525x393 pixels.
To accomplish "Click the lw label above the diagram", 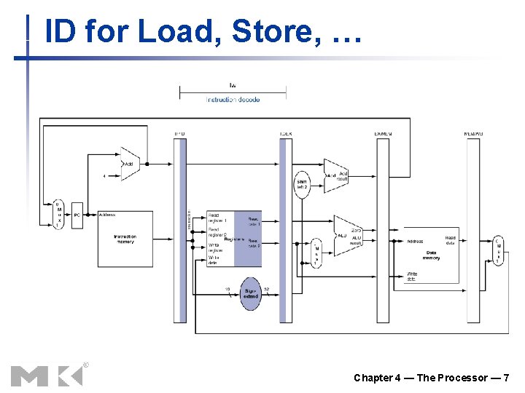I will [x=233, y=86].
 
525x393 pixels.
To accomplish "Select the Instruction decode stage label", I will [x=233, y=99].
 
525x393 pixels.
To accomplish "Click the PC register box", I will [x=77, y=215].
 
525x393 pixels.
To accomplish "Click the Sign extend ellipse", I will [x=251, y=293].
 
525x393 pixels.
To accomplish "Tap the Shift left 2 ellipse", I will [x=303, y=184].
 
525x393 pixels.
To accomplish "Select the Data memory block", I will [x=431, y=255].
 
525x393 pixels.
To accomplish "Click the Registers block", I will [x=233, y=239].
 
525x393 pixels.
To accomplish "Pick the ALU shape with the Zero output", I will [x=347, y=236].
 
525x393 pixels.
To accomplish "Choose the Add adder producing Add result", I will [x=335, y=175].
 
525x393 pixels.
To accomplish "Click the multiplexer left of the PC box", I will [x=58, y=215].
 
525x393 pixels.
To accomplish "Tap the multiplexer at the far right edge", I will [x=497, y=251].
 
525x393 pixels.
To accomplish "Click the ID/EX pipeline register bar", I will [x=285, y=229].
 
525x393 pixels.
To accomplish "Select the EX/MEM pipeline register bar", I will [x=383, y=229].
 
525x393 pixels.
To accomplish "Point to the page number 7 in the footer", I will [x=505, y=378].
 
